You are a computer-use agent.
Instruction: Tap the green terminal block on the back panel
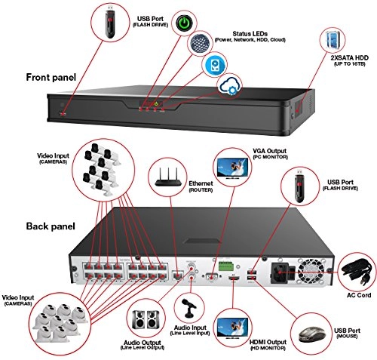222,266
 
